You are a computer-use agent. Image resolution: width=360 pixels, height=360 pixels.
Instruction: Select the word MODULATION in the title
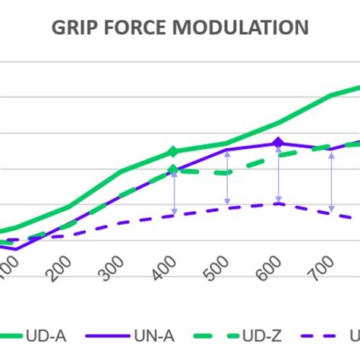pyautogui.click(x=242, y=28)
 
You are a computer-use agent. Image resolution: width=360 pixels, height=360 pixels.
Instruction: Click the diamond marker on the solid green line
pyautogui.click(x=174, y=152)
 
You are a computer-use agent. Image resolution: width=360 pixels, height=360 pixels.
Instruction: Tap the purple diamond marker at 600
pyautogui.click(x=279, y=142)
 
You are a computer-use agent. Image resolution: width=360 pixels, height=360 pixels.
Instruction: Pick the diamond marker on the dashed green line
pyautogui.click(x=174, y=169)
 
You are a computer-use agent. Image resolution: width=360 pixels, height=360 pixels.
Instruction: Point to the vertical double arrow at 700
pyautogui.click(x=332, y=178)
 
